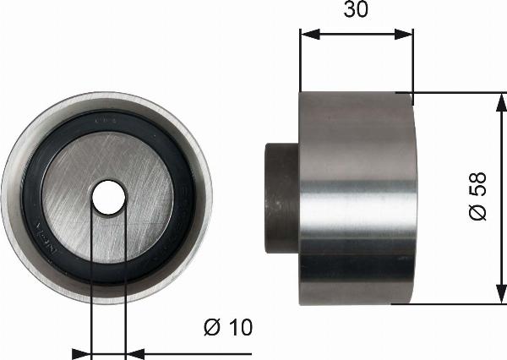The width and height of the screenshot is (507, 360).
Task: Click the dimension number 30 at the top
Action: [356, 10]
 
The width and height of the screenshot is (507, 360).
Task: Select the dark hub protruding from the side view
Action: [282, 198]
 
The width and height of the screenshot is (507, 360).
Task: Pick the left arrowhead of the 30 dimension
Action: [307, 35]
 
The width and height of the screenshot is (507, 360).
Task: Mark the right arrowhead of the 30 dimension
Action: [407, 35]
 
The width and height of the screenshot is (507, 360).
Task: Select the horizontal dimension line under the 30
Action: [357, 35]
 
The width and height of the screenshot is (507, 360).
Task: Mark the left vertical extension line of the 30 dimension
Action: [300, 63]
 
